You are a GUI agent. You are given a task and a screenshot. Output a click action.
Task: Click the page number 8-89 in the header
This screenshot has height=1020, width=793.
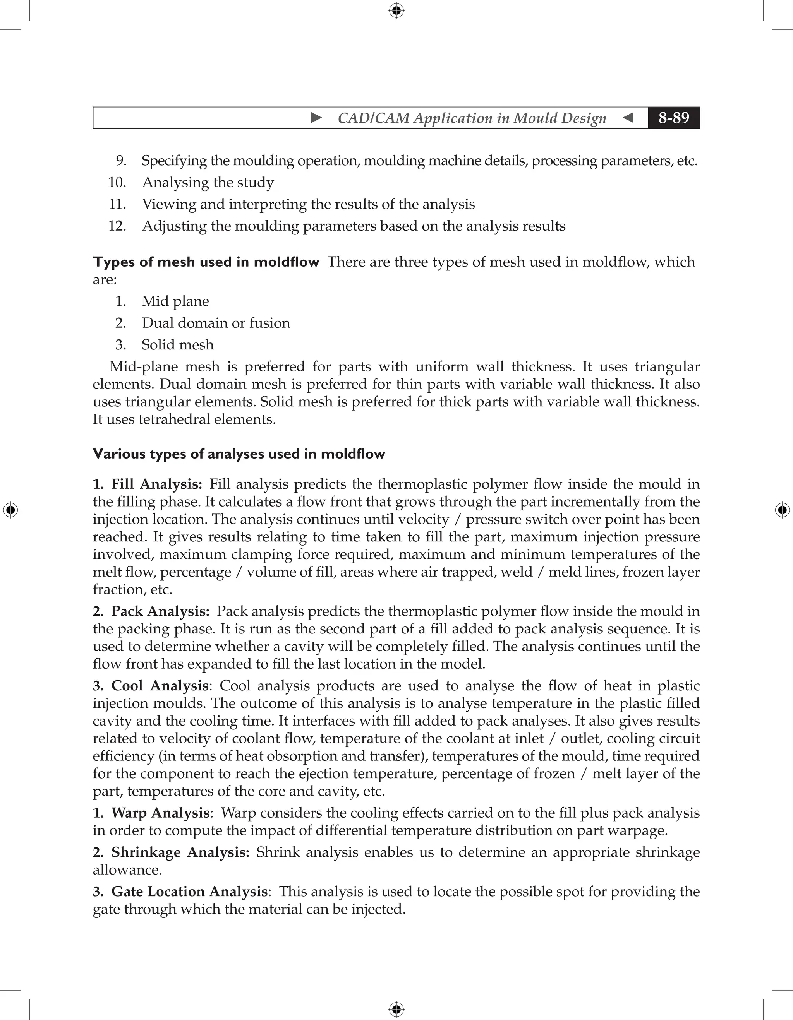(673, 118)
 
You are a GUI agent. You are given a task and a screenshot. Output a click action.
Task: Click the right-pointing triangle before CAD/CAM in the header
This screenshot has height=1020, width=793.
(316, 118)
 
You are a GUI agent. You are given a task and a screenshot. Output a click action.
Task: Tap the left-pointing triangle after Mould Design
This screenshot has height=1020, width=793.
(628, 118)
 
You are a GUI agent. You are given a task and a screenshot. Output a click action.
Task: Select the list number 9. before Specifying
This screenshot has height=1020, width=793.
(121, 161)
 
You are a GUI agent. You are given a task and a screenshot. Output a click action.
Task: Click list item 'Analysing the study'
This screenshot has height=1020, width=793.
(208, 182)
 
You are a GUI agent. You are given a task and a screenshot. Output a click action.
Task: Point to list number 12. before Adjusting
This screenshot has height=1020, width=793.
(117, 226)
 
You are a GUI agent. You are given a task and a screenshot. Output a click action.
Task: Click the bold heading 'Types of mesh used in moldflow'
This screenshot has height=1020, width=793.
(206, 262)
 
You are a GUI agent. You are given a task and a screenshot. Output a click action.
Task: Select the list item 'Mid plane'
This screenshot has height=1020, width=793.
(175, 301)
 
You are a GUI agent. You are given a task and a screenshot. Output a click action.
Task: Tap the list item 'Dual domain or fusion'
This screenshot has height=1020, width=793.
(216, 323)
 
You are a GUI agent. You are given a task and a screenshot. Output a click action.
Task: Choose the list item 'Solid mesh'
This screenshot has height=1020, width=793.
(178, 345)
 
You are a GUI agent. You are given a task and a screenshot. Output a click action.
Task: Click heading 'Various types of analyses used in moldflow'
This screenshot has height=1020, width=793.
(239, 454)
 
